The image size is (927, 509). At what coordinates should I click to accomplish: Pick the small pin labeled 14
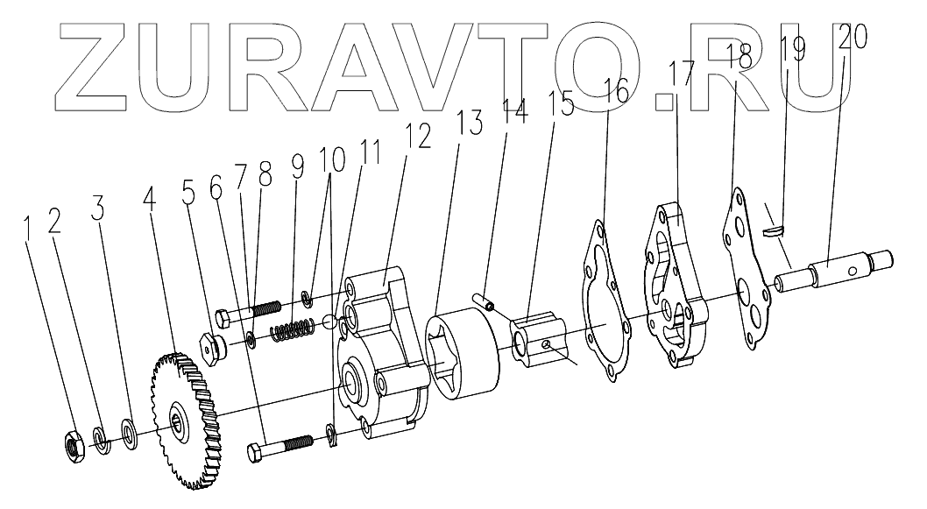tap(482, 301)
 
